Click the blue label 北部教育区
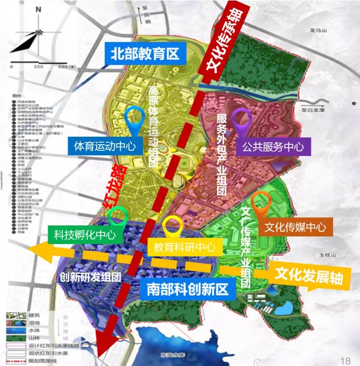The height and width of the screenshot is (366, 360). [145, 53]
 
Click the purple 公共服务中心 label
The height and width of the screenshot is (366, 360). [273, 147]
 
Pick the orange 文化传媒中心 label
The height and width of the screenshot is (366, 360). [295, 227]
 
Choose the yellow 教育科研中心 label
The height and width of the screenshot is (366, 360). [185, 247]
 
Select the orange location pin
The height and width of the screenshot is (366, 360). [261, 204]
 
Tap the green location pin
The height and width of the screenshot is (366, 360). [118, 217]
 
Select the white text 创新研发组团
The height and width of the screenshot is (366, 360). [89, 277]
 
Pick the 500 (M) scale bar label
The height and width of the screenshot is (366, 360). [67, 66]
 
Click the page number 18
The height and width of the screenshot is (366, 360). [346, 360]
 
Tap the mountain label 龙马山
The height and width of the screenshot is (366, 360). [319, 30]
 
